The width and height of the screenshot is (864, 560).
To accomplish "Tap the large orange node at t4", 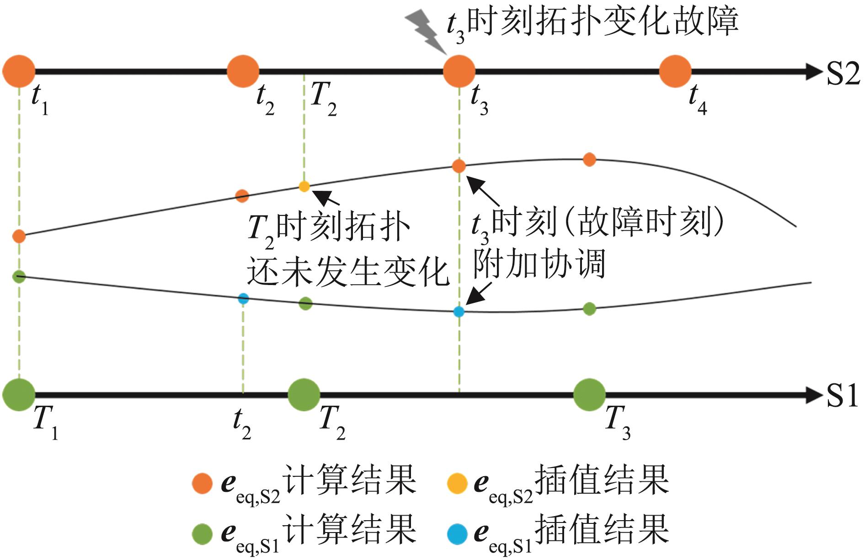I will pyautogui.click(x=675, y=71).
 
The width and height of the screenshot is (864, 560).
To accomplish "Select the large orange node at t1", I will pyautogui.click(x=19, y=71).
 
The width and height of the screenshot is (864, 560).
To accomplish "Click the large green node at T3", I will pyautogui.click(x=589, y=394).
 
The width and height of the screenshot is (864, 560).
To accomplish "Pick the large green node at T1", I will pyautogui.click(x=19, y=394).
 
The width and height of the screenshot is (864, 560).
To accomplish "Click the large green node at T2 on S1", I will pyautogui.click(x=304, y=394).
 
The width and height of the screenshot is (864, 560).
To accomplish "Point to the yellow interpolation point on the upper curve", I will pyautogui.click(x=304, y=186).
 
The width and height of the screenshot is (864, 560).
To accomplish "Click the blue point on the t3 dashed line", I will pyautogui.click(x=459, y=312).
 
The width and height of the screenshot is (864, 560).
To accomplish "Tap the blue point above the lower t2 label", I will pyautogui.click(x=243, y=299).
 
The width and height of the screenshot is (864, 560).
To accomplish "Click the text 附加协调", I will pyautogui.click(x=539, y=264).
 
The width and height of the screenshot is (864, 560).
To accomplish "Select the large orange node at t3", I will pyautogui.click(x=459, y=71).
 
